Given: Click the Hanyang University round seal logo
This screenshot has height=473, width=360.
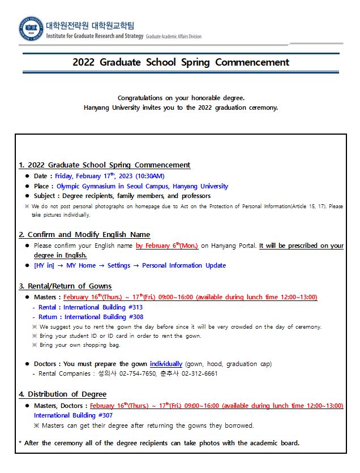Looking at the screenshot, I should coord(32,28).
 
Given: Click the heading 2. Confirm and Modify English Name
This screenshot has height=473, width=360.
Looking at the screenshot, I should coord(84,234).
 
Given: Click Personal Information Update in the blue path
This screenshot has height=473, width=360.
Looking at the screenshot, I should coord(184,265).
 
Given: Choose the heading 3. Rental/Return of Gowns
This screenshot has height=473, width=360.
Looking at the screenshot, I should coord(65,286).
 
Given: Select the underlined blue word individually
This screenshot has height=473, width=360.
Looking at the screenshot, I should coord(166,364).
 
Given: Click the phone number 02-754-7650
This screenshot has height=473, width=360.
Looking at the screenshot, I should coord(139,373).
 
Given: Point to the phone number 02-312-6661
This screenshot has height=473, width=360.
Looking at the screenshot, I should coord(199,373).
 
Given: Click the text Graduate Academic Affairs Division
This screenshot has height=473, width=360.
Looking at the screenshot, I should coord(173,36).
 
